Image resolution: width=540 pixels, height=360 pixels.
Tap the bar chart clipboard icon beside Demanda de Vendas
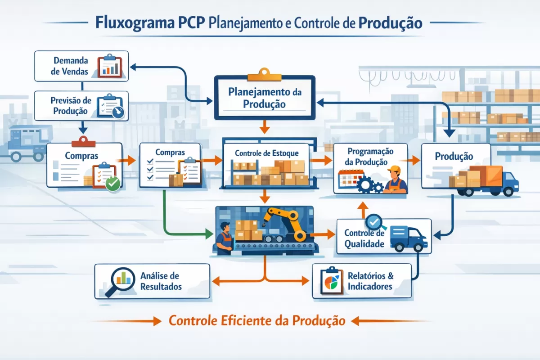coord(110,66)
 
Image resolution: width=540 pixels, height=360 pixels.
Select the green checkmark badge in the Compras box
coord(112,183)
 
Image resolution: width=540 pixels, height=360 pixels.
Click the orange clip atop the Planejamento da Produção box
coord(264,72)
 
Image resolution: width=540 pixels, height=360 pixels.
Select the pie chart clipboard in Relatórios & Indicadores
coord(330,281)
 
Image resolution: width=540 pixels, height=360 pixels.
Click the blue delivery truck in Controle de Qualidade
coord(408,238)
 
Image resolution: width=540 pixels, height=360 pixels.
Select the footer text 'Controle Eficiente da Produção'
coord(257,321)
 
